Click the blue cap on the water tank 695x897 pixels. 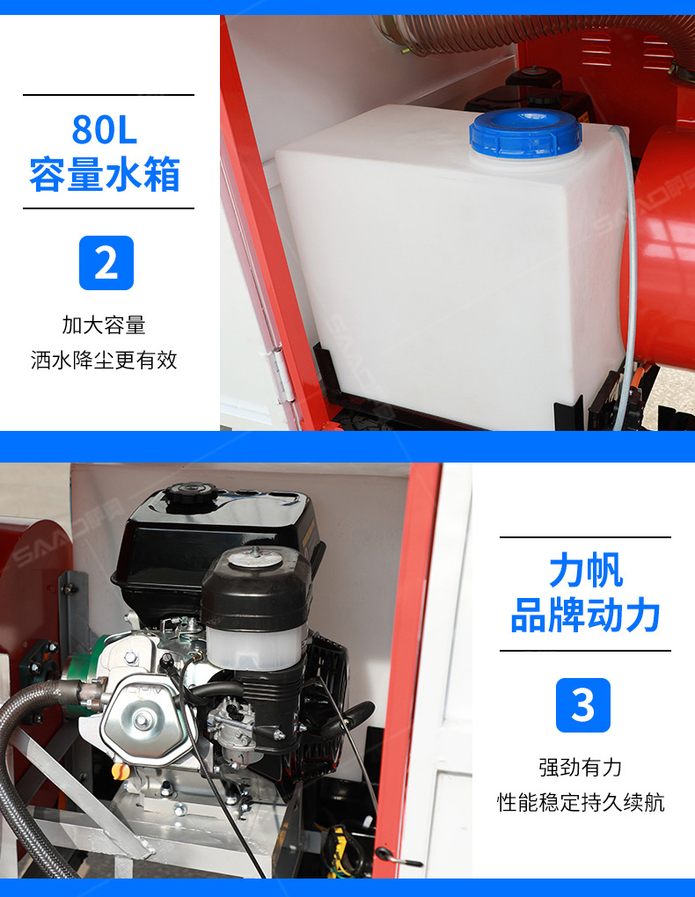(525, 134)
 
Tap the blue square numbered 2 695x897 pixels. (106, 263)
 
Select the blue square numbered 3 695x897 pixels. (582, 704)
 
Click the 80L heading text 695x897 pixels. (105, 129)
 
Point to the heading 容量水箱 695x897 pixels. (105, 173)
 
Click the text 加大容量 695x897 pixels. (104, 325)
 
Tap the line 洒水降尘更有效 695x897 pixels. (104, 360)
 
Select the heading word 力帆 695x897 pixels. (586, 570)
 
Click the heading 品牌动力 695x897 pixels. (585, 615)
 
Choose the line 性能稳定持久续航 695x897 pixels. (581, 802)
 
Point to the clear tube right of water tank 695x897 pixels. (629, 274)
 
